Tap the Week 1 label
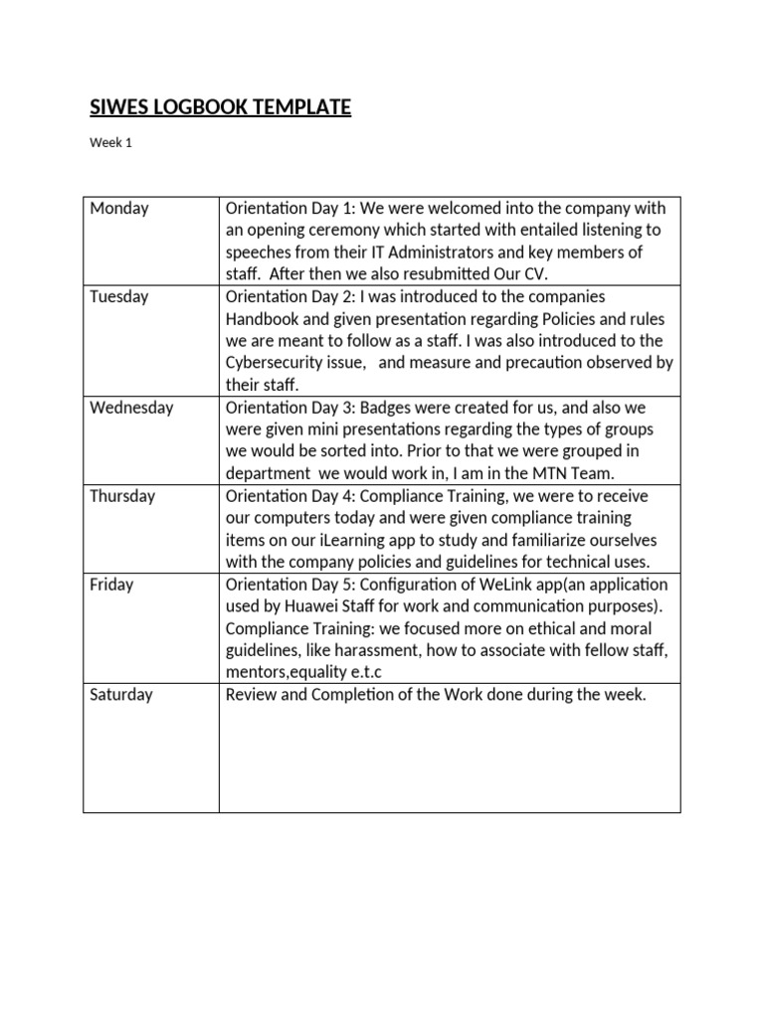[110, 143]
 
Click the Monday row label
[118, 208]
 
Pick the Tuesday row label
[118, 296]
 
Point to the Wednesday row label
[131, 407]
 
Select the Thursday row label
[122, 495]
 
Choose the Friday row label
[111, 584]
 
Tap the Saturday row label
[121, 694]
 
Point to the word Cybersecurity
[277, 363]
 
